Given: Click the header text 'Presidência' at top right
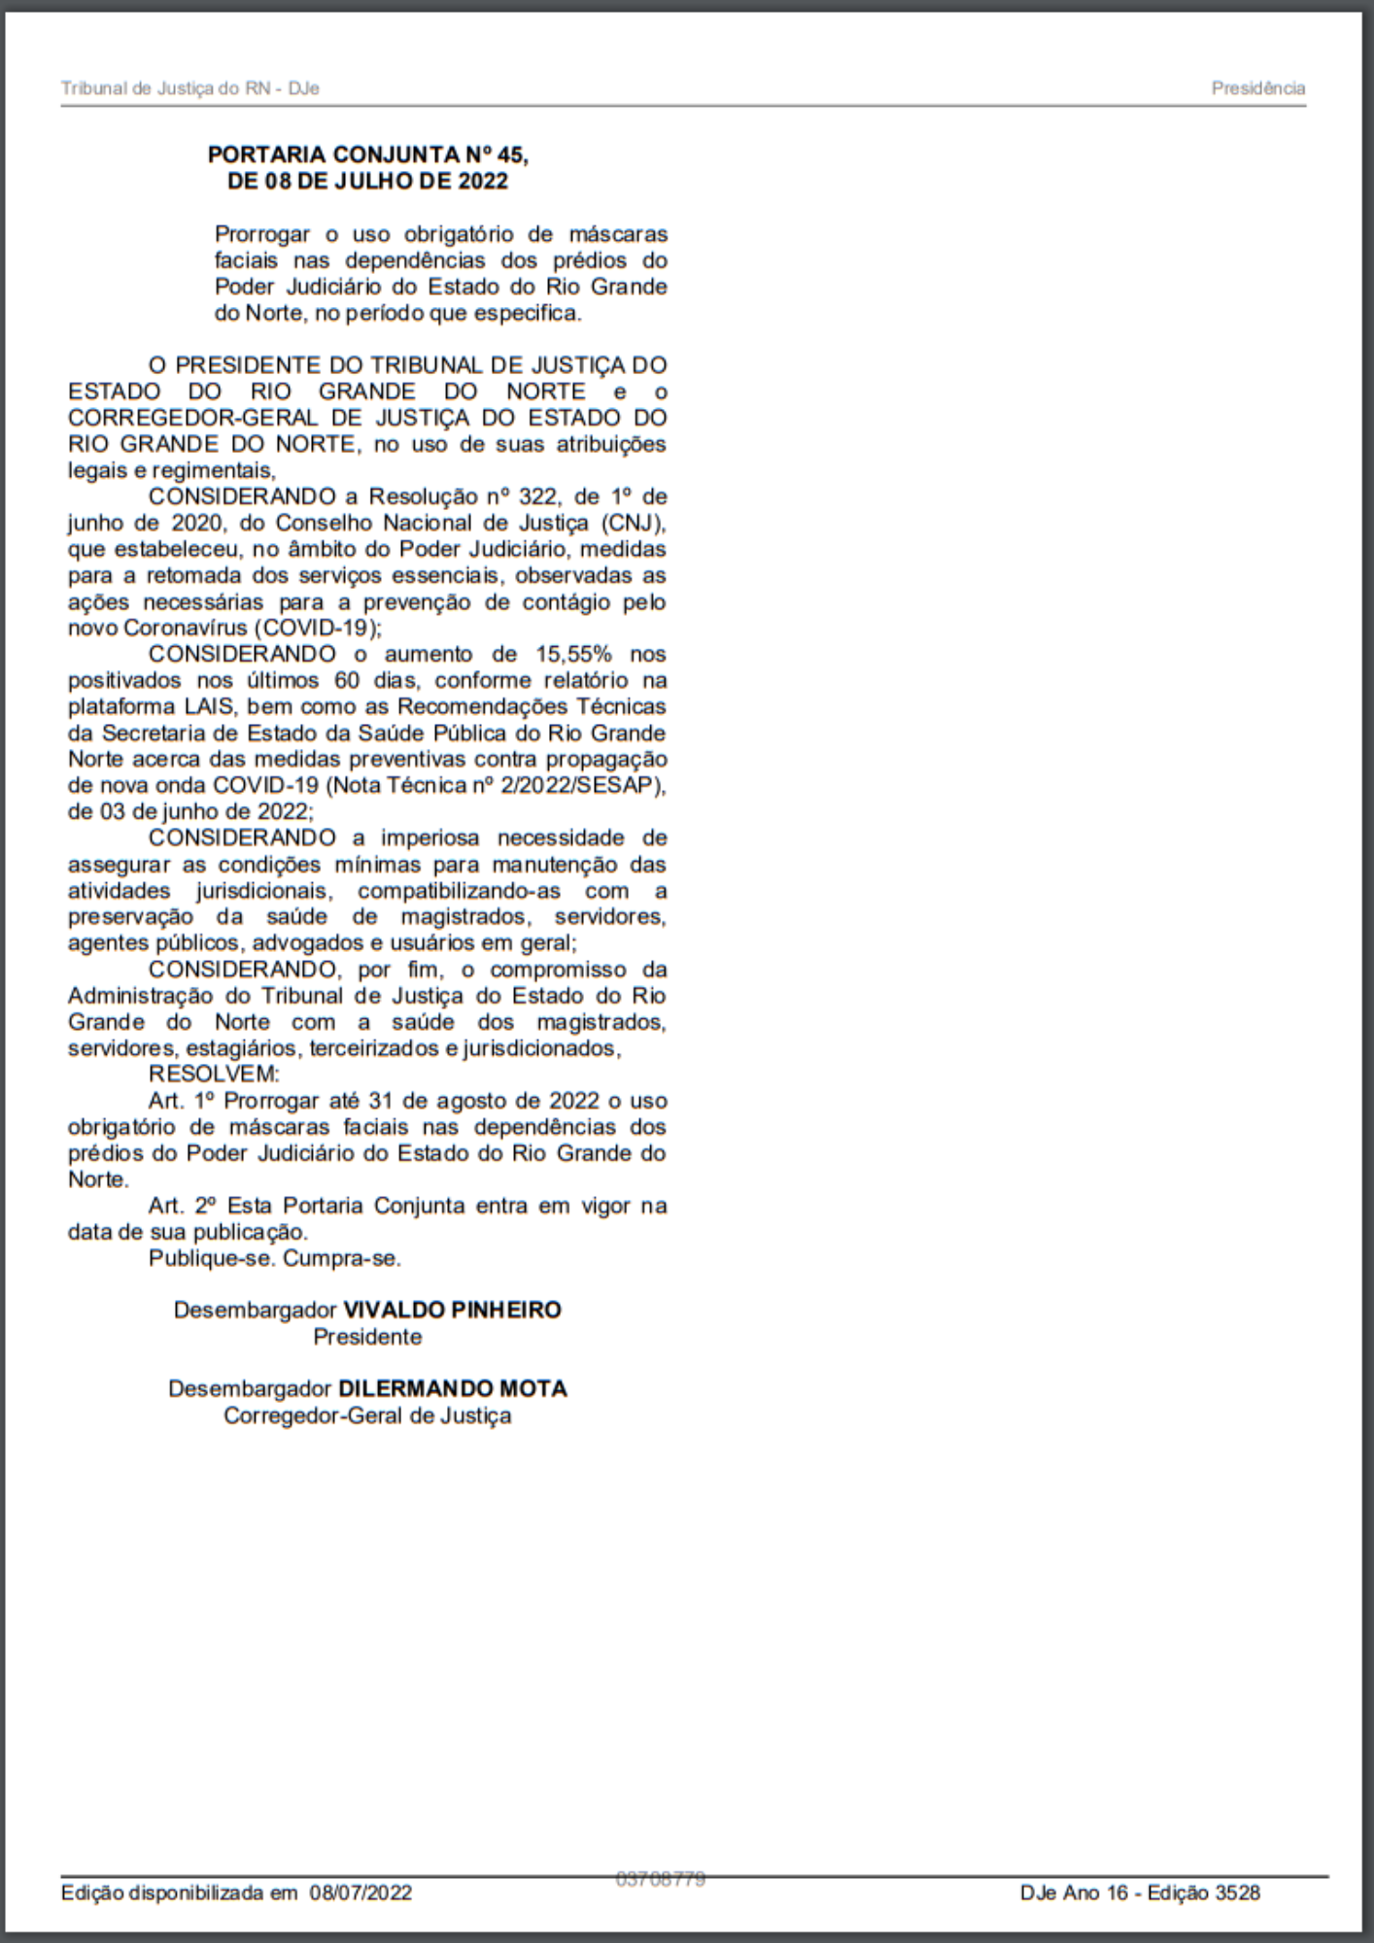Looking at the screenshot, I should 1257,88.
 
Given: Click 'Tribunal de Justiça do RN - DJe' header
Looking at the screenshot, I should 190,88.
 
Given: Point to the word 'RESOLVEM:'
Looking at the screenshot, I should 214,1074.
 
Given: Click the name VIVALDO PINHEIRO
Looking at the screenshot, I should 452,1310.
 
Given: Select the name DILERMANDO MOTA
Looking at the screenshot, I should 452,1388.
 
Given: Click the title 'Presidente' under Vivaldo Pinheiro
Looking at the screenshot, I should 367,1337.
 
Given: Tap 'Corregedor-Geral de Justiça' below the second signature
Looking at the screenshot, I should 367,1415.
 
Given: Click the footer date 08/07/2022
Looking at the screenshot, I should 361,1892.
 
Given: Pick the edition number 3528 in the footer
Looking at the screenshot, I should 1237,1892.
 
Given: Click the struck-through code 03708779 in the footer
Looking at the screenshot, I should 661,1879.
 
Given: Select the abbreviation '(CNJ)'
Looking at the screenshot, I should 633,523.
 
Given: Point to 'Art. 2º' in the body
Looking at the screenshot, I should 182,1206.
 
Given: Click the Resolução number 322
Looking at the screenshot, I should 536,496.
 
